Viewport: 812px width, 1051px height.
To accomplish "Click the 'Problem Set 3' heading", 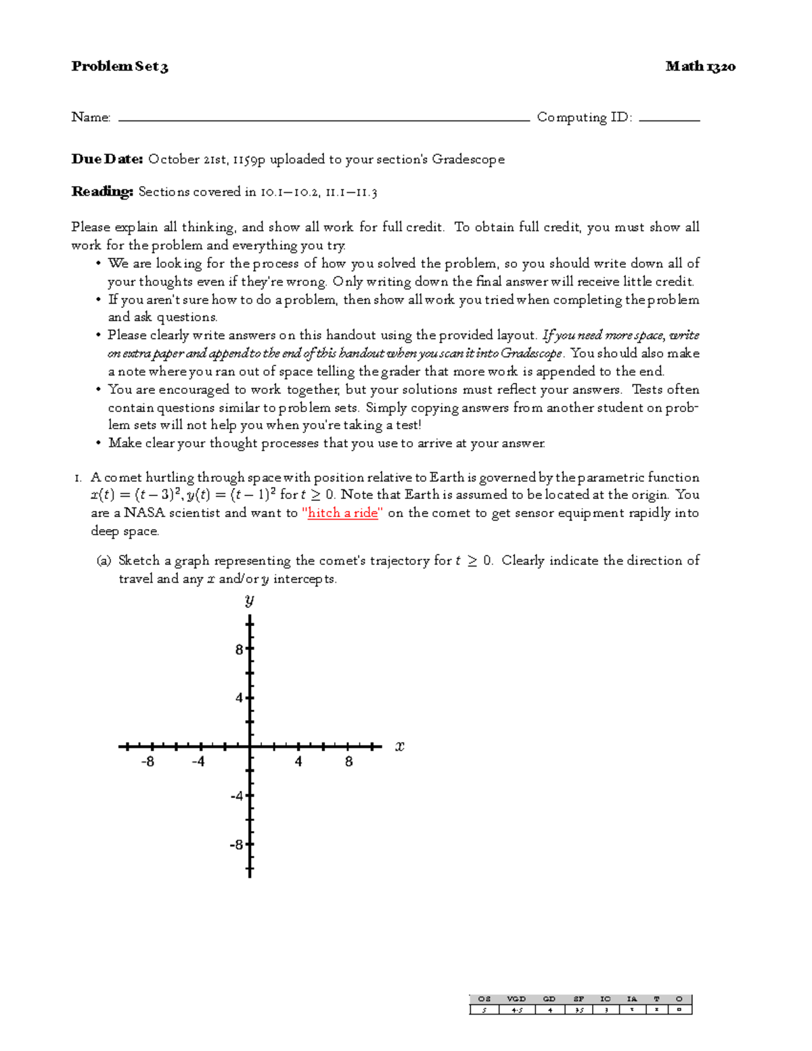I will pos(119,66).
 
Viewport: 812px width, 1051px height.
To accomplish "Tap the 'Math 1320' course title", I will pos(700,66).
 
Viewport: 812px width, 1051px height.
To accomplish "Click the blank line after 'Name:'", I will pos(323,119).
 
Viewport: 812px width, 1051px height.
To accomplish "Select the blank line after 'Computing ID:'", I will pos(669,119).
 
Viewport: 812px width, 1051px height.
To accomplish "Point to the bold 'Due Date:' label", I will pos(107,159).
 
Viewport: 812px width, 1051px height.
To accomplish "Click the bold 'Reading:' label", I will pos(102,192).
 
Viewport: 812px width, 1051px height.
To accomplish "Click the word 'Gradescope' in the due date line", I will pos(468,159).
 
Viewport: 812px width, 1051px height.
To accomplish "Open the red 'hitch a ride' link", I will pos(342,513).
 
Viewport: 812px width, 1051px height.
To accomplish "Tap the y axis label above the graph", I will pos(249,600).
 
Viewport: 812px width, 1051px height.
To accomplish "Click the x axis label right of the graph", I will pos(400,746).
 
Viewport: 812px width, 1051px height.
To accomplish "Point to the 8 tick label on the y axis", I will pos(239,650).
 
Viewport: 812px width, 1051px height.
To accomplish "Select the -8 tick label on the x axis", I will pos(148,762).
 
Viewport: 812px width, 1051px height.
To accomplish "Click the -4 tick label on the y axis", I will pos(237,796).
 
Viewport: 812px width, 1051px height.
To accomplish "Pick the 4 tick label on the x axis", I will pos(298,762).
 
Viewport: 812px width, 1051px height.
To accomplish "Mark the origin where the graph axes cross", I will pos(250,746).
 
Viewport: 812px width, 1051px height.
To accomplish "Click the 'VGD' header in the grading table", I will pos(516,999).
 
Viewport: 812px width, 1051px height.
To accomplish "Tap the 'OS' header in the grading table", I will pos(484,999).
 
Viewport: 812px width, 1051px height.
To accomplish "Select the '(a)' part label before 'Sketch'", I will pos(104,560).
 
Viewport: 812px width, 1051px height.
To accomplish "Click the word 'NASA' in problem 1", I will pos(144,513).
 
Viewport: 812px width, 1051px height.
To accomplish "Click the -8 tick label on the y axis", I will pos(237,845).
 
